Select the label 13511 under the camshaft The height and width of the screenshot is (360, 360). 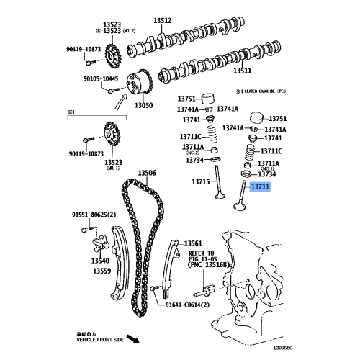tap(242, 71)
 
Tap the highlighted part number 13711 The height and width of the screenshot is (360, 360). tap(260, 186)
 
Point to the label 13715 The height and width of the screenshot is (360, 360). tap(202, 182)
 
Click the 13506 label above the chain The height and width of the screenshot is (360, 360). tap(147, 173)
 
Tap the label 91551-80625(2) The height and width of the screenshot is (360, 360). tap(94, 215)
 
